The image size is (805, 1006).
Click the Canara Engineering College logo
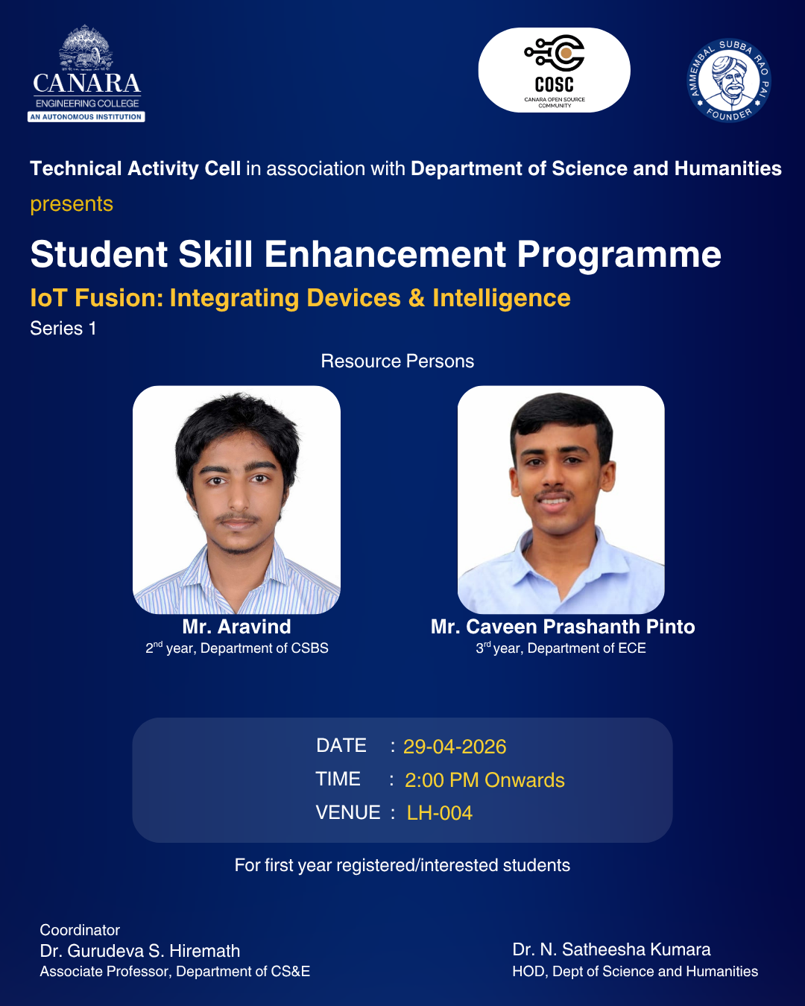[86, 73]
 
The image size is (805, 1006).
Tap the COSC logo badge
[555, 70]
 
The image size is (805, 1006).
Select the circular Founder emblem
[729, 80]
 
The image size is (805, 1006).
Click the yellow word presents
[72, 204]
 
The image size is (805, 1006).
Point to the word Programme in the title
[619, 256]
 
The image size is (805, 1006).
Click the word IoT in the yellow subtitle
[48, 298]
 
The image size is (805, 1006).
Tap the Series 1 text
[63, 328]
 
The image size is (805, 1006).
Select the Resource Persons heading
[397, 361]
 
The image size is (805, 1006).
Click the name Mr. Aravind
[237, 627]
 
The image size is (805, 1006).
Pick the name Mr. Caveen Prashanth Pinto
[563, 627]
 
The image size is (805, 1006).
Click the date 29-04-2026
[455, 747]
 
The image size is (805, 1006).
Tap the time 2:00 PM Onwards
[484, 780]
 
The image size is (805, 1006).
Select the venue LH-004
[440, 813]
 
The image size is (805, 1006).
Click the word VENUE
[348, 812]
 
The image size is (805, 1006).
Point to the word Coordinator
[80, 930]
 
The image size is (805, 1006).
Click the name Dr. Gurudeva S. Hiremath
[140, 951]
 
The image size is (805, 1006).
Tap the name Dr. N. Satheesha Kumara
[611, 949]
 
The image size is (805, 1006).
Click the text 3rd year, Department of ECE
[561, 648]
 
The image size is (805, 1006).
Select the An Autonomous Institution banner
[86, 117]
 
